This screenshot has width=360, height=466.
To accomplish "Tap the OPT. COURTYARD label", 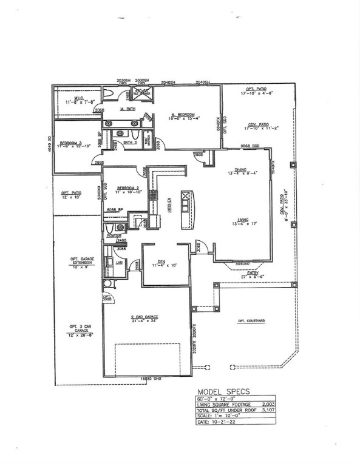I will [251, 320].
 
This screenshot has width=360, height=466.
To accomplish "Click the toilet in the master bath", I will [109, 93].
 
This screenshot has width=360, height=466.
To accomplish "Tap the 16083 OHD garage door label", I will [141, 378].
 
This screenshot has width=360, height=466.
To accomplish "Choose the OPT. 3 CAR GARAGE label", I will [80, 330].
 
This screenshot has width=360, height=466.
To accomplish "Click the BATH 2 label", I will [130, 142].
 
